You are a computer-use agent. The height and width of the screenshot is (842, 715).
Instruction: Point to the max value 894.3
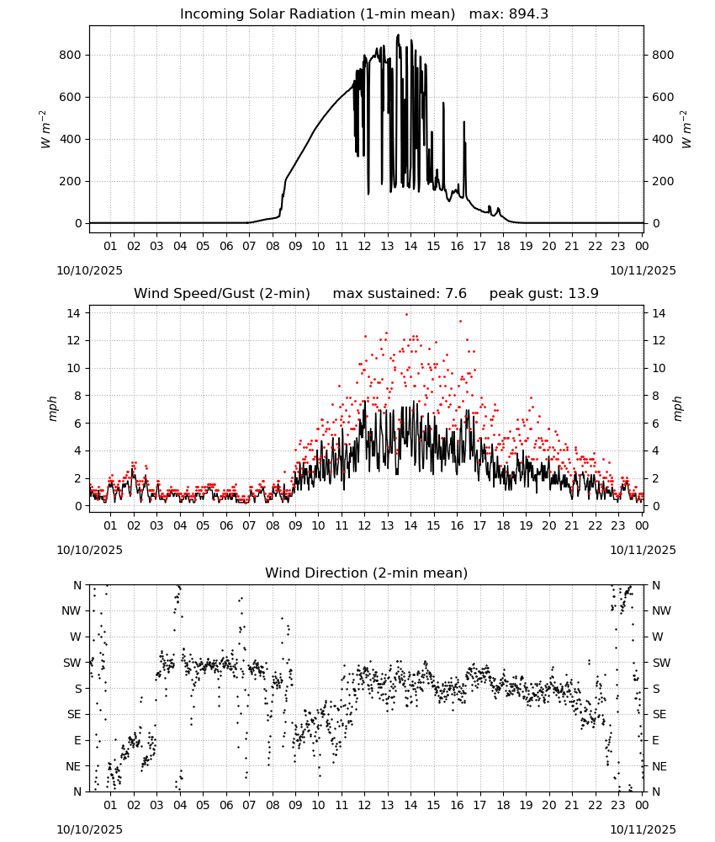tap(528, 14)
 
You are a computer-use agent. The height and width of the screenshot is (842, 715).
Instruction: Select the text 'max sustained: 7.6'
tap(400, 294)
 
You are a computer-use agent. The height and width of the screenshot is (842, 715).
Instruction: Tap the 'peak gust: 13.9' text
tap(544, 294)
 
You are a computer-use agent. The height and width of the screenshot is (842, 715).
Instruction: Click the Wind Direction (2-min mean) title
tap(367, 573)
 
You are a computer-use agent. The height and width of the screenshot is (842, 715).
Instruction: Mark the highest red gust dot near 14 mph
tap(406, 314)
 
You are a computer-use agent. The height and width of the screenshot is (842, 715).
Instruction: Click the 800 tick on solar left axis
tap(71, 55)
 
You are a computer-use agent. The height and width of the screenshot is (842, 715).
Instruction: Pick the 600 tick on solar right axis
tap(663, 97)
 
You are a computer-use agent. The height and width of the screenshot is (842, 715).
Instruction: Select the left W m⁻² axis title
tap(45, 130)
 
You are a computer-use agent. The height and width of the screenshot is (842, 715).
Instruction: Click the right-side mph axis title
tap(677, 408)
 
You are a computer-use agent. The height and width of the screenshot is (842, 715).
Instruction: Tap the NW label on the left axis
tap(71, 610)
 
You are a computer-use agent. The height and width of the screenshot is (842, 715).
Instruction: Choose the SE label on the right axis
tap(659, 714)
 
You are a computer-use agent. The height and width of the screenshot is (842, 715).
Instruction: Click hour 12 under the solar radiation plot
tap(364, 247)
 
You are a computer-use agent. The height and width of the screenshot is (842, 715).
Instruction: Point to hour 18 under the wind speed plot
tap(503, 525)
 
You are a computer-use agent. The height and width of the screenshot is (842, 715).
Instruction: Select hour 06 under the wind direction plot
tap(226, 805)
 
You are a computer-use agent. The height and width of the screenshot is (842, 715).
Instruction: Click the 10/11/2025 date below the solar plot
tap(643, 270)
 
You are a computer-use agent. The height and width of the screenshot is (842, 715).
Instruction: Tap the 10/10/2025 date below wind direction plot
tap(89, 829)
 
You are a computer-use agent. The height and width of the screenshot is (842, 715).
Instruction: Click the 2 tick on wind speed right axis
tap(655, 478)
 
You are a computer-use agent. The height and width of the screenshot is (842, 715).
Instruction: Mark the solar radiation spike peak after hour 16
tap(464, 122)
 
